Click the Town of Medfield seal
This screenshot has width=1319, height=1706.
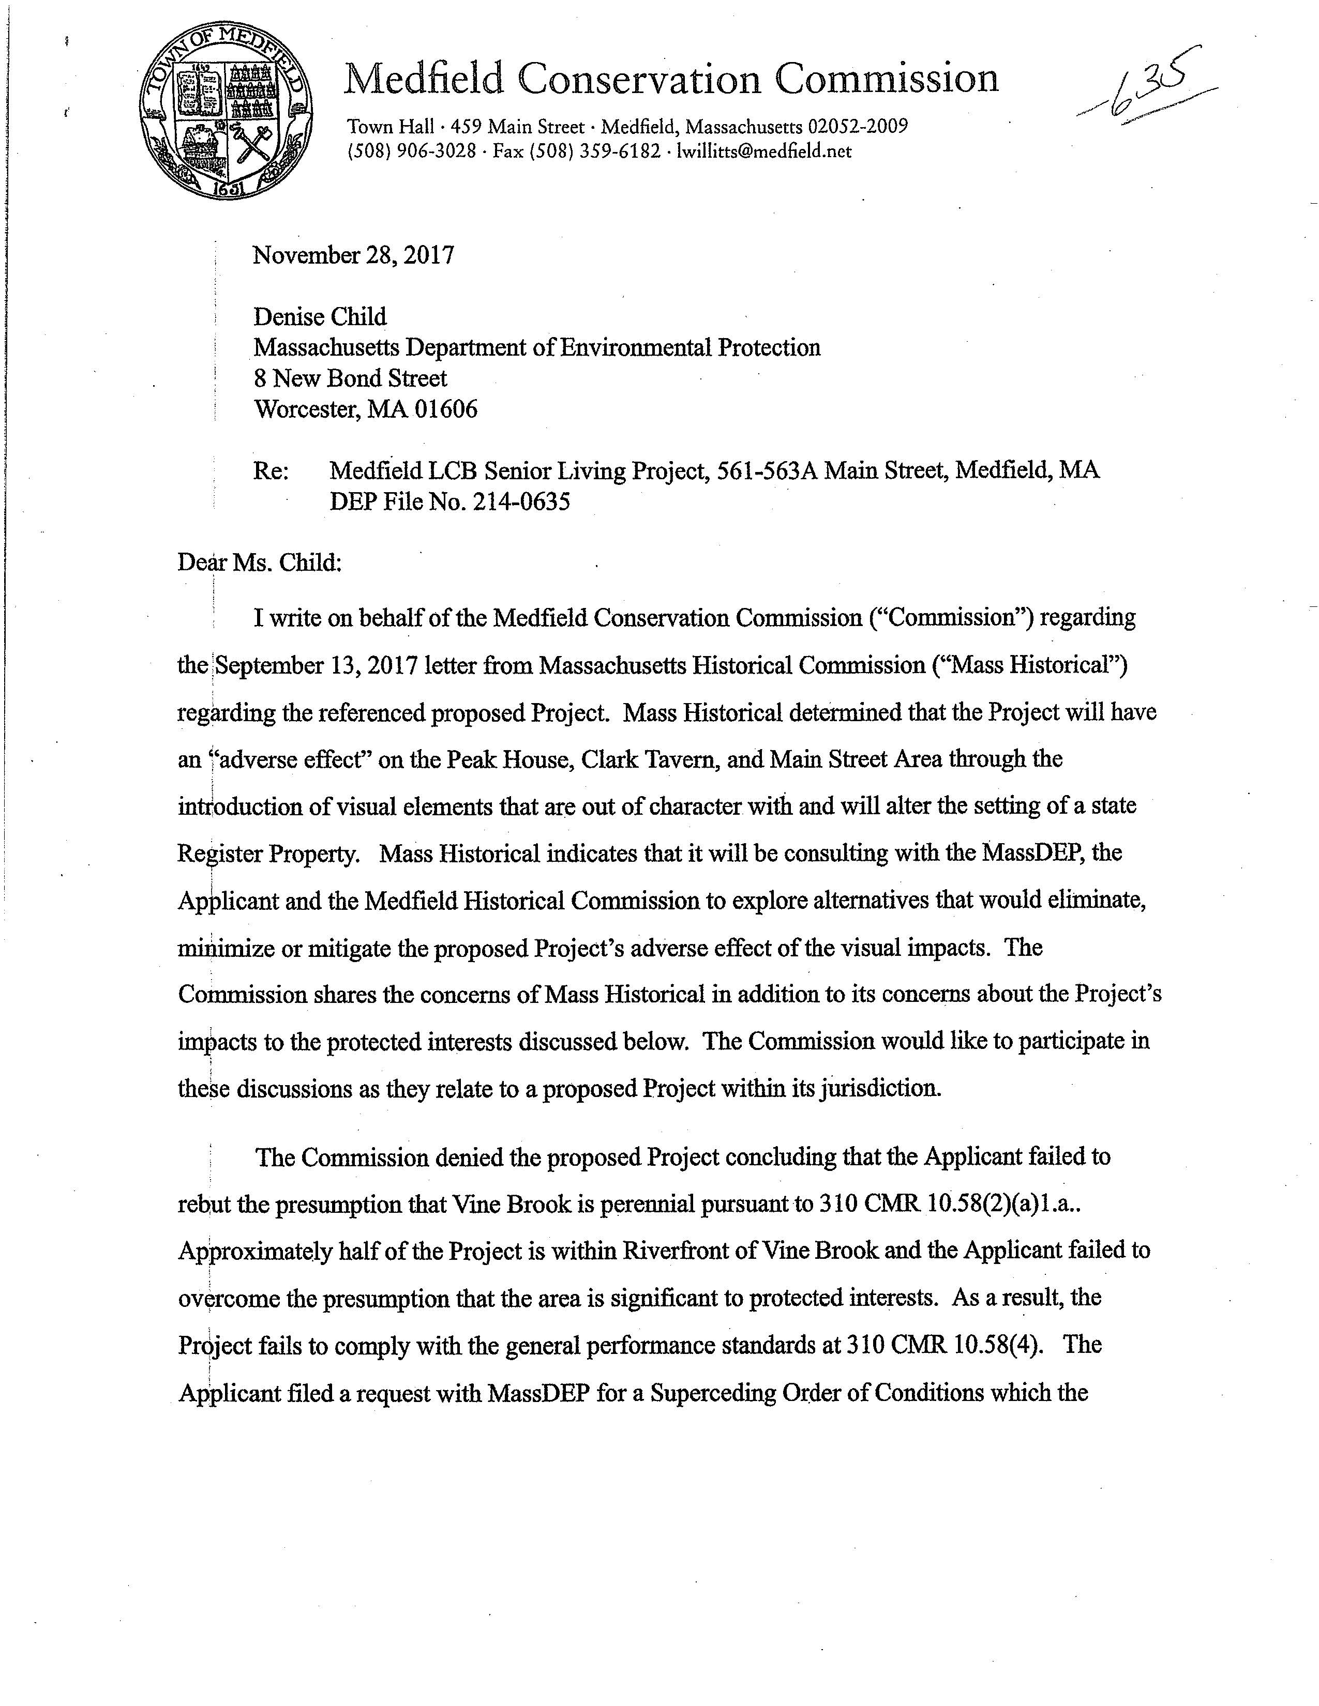click(226, 113)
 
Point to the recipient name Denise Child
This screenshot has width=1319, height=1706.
click(320, 316)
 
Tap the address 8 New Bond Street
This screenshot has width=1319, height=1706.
click(350, 378)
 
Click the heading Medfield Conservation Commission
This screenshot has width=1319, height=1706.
click(671, 79)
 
